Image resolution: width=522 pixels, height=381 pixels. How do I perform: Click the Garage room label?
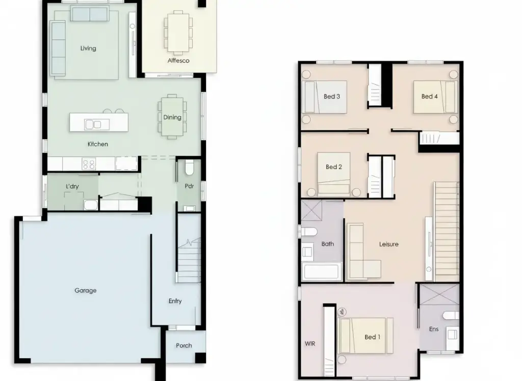click(x=86, y=290)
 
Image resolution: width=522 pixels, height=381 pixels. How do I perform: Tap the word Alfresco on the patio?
click(x=178, y=61)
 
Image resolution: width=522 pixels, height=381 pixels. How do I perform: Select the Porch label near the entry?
click(x=184, y=346)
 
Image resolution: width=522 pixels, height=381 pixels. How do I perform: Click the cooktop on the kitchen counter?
click(x=89, y=164)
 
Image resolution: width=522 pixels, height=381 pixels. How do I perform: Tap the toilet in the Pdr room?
click(x=189, y=167)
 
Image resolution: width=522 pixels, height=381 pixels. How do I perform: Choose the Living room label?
click(x=88, y=48)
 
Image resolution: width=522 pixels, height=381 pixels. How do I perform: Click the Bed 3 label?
click(x=331, y=96)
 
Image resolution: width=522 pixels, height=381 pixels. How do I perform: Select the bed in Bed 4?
click(x=435, y=96)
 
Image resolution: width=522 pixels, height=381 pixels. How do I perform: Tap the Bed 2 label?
click(x=333, y=167)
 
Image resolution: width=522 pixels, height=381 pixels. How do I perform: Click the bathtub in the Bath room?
click(x=322, y=271)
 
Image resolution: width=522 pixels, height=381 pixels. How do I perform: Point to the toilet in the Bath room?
click(x=308, y=232)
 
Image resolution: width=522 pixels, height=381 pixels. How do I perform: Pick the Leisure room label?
click(x=389, y=244)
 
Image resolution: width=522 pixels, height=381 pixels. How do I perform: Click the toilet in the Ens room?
click(x=451, y=315)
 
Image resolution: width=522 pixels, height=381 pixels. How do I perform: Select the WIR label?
click(x=310, y=344)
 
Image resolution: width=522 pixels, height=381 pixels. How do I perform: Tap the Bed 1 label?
click(x=372, y=337)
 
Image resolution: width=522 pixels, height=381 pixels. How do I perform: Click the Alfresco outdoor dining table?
click(x=178, y=32)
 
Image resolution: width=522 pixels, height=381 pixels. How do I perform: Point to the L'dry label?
click(x=72, y=186)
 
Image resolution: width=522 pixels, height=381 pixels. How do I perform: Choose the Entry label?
click(x=175, y=301)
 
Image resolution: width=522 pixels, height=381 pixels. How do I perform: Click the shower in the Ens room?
click(x=439, y=294)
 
